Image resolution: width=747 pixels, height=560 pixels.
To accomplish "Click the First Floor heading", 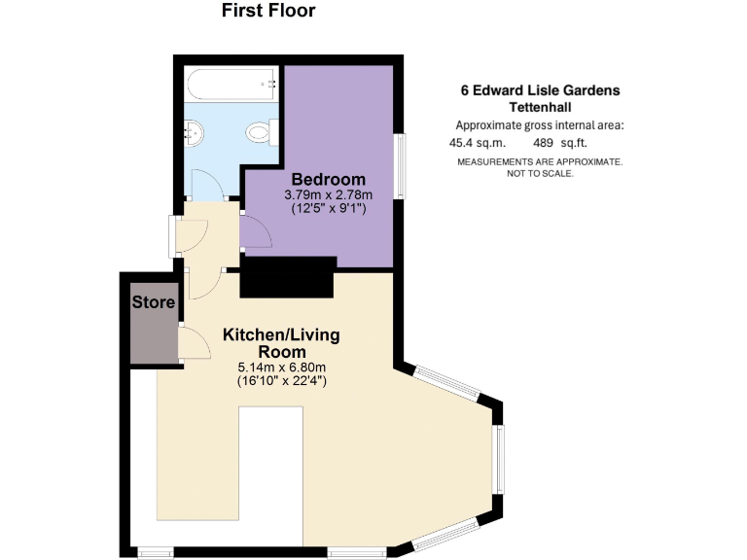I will click(x=268, y=12).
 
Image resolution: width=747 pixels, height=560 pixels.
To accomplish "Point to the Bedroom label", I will click(x=328, y=180).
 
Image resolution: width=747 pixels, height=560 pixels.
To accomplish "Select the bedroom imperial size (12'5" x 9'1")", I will click(x=328, y=209).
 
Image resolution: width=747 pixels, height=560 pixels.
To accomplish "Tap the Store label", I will click(x=153, y=302).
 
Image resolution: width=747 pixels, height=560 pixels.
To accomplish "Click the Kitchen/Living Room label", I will click(x=282, y=343).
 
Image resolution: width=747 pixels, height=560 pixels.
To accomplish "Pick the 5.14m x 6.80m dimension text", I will click(x=282, y=367).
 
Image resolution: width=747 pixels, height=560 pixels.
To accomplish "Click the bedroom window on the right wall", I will click(x=398, y=165).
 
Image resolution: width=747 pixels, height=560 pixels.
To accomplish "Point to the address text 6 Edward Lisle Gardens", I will click(x=540, y=90).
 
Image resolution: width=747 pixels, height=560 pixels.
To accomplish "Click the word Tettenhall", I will click(x=540, y=107).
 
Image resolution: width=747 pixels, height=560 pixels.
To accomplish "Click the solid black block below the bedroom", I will click(x=287, y=278).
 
